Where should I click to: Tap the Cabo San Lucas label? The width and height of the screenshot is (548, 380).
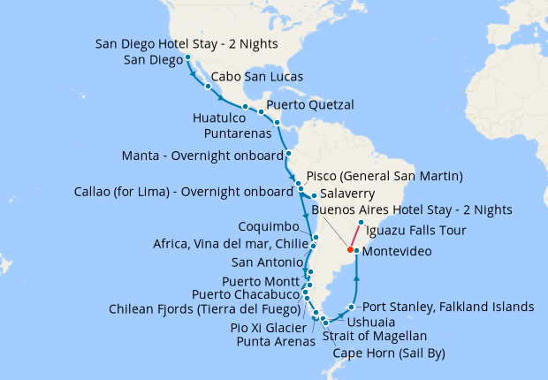pos(255,77)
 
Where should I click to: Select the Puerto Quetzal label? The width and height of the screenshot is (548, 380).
pos(309,104)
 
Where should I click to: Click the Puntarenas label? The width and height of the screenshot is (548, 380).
pos(232,133)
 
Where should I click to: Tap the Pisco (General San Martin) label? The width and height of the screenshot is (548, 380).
pos(384,176)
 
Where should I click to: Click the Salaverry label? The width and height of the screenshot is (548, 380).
pos(347,193)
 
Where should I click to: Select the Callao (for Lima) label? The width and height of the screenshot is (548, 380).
pos(185,191)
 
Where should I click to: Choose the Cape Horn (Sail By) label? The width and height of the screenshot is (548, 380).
pos(388,353)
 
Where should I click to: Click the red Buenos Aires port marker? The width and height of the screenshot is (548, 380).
pos(351,250)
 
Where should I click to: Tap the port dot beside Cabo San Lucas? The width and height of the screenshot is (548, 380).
pos(208,87)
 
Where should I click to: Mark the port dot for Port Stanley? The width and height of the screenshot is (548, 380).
pos(353,308)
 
